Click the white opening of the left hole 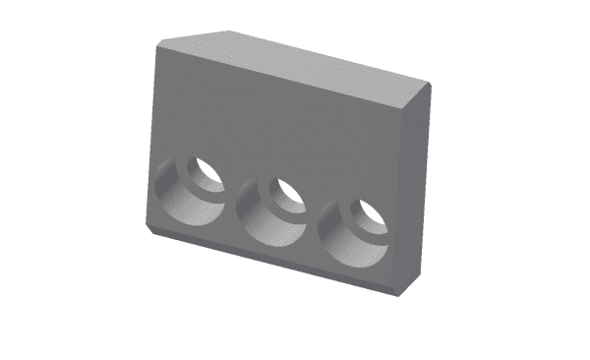(207, 170)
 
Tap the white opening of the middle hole (288, 189)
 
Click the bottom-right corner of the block (395, 294)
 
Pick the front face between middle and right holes (313, 221)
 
